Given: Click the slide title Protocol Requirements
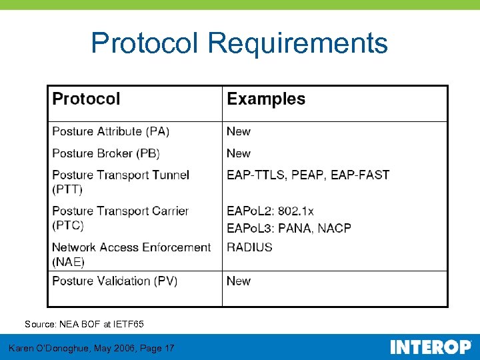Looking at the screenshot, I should click(239, 43).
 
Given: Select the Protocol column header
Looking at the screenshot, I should click(86, 99).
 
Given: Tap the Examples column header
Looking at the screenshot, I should click(266, 99).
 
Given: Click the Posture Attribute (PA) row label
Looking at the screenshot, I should click(111, 131).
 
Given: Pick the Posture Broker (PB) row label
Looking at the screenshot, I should click(106, 153).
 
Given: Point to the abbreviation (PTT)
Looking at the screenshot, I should click(67, 190).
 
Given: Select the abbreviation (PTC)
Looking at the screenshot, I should click(68, 226).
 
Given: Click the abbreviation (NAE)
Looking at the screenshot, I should click(68, 262).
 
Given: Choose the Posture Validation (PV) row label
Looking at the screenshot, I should click(115, 281).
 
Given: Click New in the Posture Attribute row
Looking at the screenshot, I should click(239, 131).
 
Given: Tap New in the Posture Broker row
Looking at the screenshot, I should click(239, 153).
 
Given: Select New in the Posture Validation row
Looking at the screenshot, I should click(239, 281).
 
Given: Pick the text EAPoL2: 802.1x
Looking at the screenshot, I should click(270, 211).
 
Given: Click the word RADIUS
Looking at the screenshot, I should click(249, 247).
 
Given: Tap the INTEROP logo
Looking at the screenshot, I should click(430, 347).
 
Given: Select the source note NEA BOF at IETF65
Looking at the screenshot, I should click(84, 324).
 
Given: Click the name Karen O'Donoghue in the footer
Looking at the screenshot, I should click(51, 348).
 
